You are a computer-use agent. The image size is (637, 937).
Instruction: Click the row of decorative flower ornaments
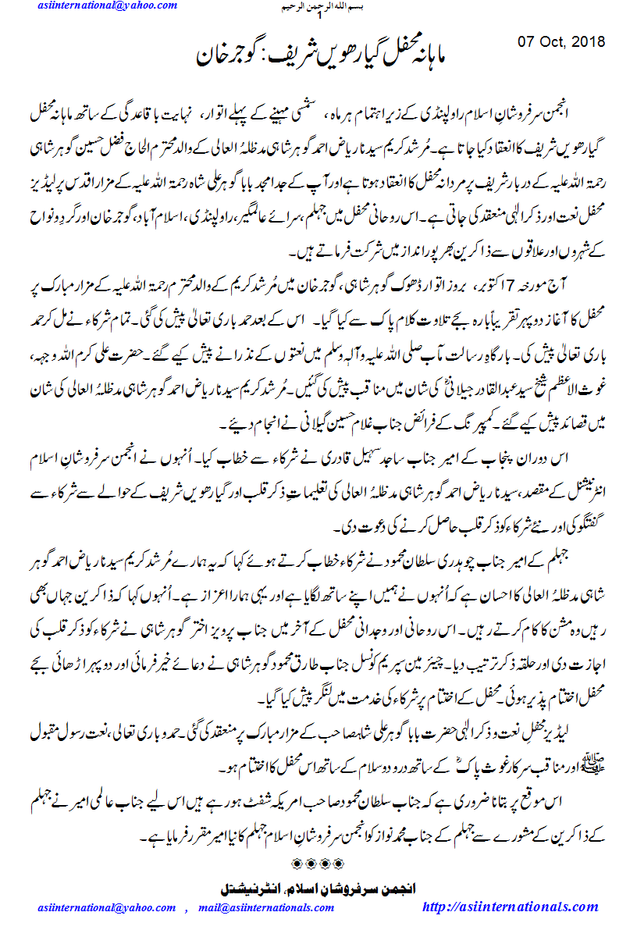pos(318,862)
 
